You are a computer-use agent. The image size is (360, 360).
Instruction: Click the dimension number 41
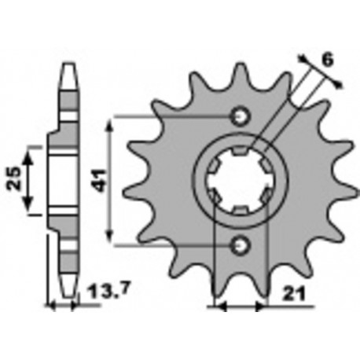101,180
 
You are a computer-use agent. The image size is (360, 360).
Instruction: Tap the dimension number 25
14,178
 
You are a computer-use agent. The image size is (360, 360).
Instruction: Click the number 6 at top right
327,60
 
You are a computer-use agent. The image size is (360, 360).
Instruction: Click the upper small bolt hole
240,116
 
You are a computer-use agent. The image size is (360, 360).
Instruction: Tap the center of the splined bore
240,181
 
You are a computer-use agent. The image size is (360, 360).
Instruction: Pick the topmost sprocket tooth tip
240,64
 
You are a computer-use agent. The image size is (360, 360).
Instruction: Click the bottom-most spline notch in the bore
240,210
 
